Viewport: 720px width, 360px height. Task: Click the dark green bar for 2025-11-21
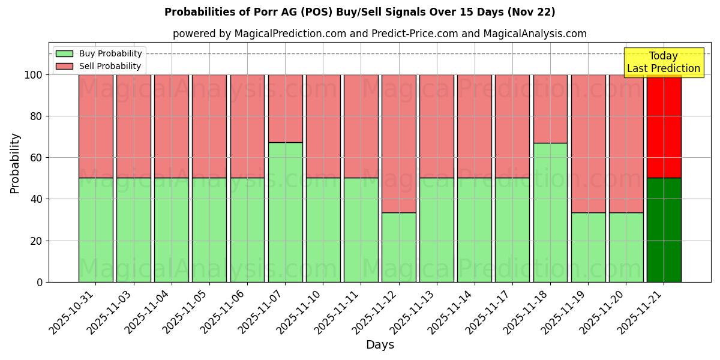(x=664, y=230)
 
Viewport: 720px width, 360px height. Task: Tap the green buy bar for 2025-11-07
(x=285, y=212)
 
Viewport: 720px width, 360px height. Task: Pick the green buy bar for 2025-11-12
(x=398, y=247)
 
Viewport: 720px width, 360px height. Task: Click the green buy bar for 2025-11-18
(x=550, y=212)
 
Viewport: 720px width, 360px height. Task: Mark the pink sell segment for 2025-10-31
(x=95, y=126)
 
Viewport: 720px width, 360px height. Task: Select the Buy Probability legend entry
(x=99, y=53)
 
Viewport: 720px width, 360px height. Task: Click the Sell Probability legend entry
(x=99, y=66)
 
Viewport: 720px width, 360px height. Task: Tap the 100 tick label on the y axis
(x=33, y=75)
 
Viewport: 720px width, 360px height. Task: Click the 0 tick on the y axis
(x=40, y=282)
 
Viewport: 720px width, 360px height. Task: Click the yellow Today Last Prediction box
(x=664, y=62)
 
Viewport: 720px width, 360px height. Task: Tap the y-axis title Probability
(x=15, y=163)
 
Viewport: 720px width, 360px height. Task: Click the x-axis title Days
(x=380, y=345)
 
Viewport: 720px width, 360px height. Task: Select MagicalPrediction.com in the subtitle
(x=290, y=34)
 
